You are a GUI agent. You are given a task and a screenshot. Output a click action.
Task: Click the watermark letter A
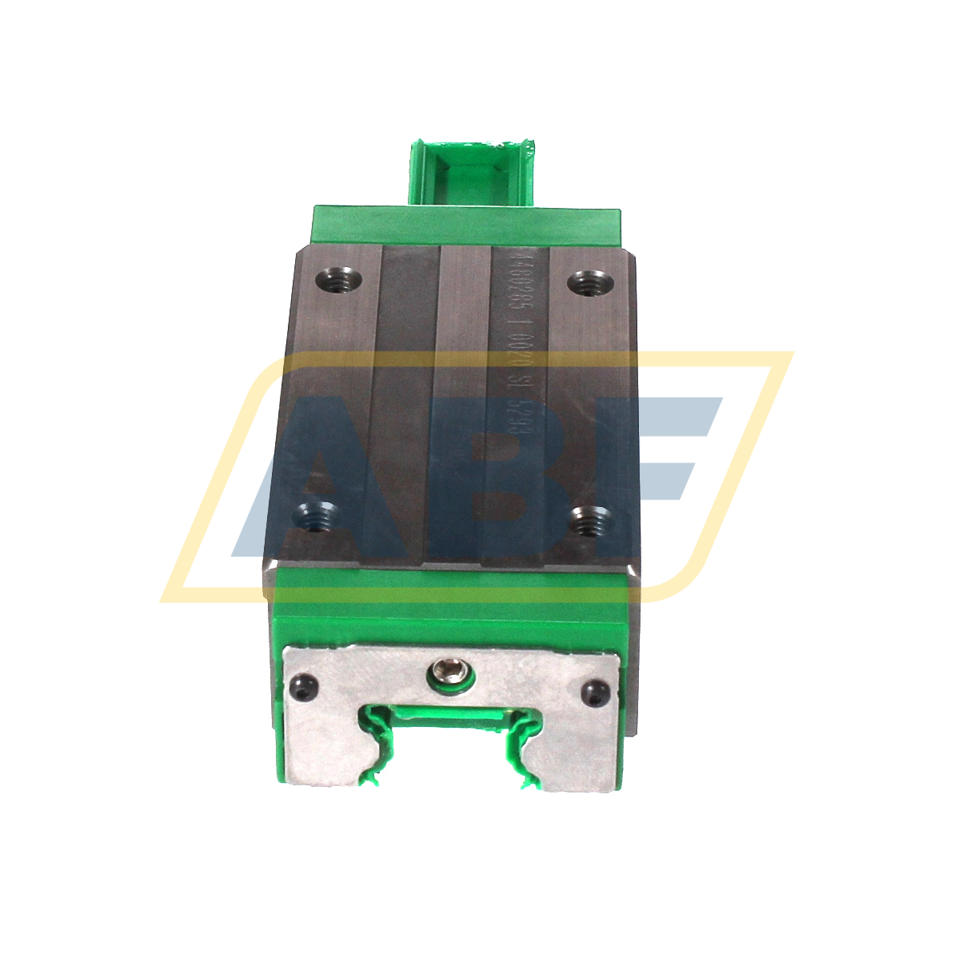pyautogui.click(x=312, y=480)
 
